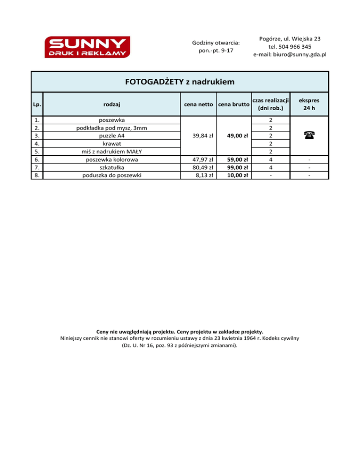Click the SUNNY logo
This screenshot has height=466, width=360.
point(87,47)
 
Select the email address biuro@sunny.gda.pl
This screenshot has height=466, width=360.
point(290,55)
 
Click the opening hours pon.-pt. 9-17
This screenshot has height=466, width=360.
point(216,51)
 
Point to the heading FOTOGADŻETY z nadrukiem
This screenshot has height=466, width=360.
point(180,82)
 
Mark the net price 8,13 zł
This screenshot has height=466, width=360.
point(205,175)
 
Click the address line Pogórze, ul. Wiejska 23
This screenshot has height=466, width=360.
point(290,38)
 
